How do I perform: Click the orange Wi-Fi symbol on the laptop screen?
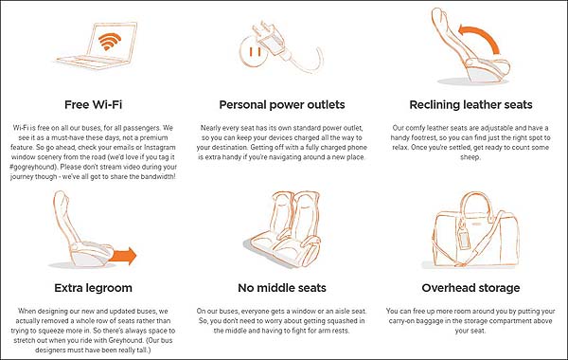coord(110,42)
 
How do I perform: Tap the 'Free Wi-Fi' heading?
coord(93,105)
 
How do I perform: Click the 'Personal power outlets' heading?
coord(282,105)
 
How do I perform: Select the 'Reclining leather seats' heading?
coord(470,105)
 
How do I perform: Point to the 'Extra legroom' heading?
coord(93,288)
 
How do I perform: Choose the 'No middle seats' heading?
coord(282,288)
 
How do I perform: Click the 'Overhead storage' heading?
coord(470,288)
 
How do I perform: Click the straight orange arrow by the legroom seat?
coord(122,256)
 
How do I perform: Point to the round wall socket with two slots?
coord(253,53)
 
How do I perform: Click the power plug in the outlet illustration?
coord(271,39)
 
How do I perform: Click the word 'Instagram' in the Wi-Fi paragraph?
coord(160,147)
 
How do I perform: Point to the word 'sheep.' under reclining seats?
coord(470,157)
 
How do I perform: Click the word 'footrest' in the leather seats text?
coord(419,137)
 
